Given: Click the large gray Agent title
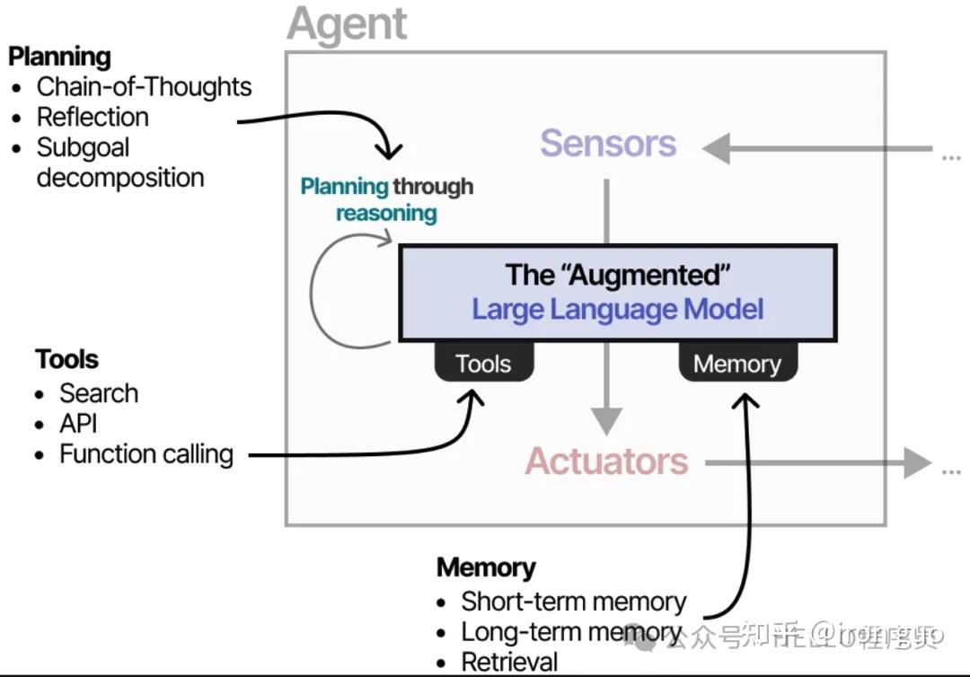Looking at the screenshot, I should pyautogui.click(x=348, y=24).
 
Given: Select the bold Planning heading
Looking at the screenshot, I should pyautogui.click(x=59, y=57).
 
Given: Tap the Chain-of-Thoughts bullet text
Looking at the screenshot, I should pyautogui.click(x=144, y=87).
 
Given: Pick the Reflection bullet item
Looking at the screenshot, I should pyautogui.click(x=93, y=118).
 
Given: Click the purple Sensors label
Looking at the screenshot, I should pyautogui.click(x=608, y=144).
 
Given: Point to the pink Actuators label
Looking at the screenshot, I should pyautogui.click(x=606, y=462).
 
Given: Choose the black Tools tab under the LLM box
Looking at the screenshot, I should pyautogui.click(x=483, y=364).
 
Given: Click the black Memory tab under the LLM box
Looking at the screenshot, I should pyautogui.click(x=736, y=364).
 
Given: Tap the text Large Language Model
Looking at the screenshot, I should pyautogui.click(x=618, y=310).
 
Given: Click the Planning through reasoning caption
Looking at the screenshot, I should pyautogui.click(x=386, y=199).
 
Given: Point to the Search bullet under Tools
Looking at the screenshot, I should pyautogui.click(x=99, y=393).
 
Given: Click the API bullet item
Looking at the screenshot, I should pyautogui.click(x=78, y=424).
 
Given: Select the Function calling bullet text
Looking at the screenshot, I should pyautogui.click(x=145, y=454).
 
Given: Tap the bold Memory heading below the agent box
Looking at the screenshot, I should pyautogui.click(x=486, y=567).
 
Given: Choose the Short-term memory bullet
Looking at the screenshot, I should pyautogui.click(x=573, y=601).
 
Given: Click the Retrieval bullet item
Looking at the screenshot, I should pyautogui.click(x=509, y=663).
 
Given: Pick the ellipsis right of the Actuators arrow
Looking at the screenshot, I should pyautogui.click(x=949, y=469).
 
